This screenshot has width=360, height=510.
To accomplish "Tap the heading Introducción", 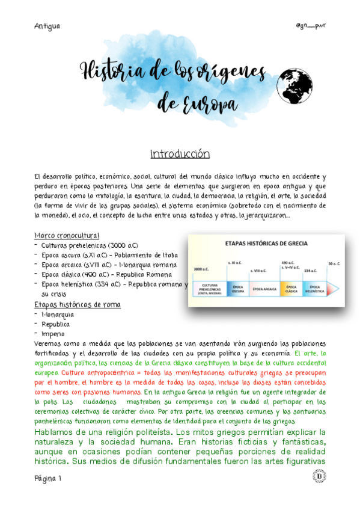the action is click(x=180, y=154).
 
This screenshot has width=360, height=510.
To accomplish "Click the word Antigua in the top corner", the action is click(x=48, y=26).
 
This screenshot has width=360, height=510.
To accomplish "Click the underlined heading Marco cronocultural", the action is click(x=67, y=235).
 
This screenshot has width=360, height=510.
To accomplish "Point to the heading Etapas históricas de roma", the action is click(x=78, y=304).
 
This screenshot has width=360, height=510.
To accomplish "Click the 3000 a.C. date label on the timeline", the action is click(x=202, y=269).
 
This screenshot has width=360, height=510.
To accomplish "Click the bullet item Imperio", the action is click(x=53, y=334).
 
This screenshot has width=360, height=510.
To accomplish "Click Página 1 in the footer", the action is click(x=47, y=478).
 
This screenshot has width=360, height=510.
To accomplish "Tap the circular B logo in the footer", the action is click(x=319, y=477).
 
